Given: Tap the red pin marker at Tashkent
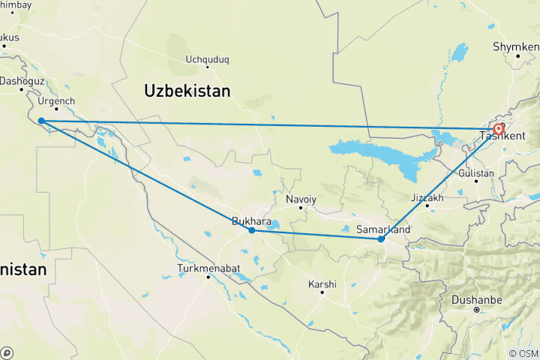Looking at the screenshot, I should tap(499, 129).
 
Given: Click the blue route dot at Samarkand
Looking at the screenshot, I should tap(382, 239).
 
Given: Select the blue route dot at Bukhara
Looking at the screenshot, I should tap(252, 230).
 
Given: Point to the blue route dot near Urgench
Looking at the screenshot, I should tap(41, 121).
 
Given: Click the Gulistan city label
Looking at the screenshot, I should tap(478, 173).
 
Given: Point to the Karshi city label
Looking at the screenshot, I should tap(322, 284).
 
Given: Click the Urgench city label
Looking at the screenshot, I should tap(58, 100).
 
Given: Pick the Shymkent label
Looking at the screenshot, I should tap(516, 46).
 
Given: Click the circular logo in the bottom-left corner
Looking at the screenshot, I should tap(7, 352).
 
